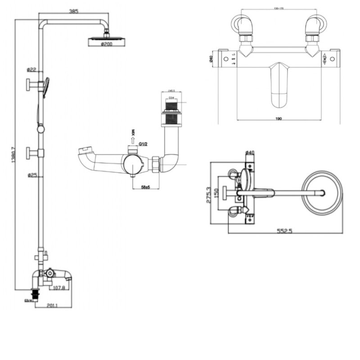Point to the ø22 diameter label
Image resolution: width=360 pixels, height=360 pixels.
coord(31,69)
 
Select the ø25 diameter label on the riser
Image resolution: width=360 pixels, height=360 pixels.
coord(31,175)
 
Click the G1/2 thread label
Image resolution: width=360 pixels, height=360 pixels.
coord(144,144)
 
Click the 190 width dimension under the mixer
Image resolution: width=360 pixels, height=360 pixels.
coord(279,118)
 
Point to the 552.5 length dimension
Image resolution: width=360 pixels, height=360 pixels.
coord(285,231)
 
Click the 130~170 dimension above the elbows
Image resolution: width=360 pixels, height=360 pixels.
coord(279,8)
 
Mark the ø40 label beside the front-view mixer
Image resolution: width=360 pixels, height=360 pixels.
coord(211,59)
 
